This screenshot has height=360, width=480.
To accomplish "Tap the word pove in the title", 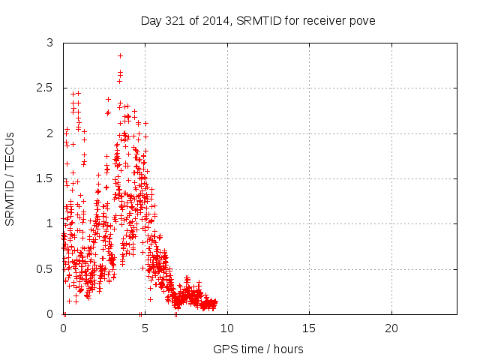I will coord(362,20).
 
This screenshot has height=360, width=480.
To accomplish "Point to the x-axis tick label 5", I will coord(145,328).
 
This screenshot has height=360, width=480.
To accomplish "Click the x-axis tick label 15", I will coord(309,328).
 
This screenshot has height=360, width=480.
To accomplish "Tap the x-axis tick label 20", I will coord(391,328).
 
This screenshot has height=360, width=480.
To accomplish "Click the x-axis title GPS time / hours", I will coord(259,349).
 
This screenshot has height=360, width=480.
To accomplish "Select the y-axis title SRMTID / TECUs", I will coord(10,178).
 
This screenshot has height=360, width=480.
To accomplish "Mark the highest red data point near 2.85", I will coord(120,55).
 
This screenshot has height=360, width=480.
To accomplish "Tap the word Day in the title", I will coord(151,20).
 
